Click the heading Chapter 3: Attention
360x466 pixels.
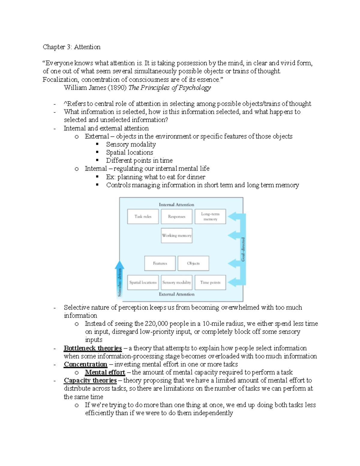71,47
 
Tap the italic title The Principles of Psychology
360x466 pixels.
169,88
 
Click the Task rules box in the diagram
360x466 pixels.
143,216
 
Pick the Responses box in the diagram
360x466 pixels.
176,216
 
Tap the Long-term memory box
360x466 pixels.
210,216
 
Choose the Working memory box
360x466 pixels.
176,235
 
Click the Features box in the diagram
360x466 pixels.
160,263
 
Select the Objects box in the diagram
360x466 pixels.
193,263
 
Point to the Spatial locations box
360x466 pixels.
143,282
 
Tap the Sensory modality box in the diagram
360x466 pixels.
176,282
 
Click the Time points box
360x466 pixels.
210,282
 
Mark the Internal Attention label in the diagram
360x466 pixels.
176,205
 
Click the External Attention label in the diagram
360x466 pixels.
176,294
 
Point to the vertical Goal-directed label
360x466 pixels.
243,249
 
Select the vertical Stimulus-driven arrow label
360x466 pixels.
119,282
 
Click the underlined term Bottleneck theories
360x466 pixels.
93,348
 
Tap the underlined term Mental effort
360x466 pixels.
105,372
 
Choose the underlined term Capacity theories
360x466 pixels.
90,380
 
